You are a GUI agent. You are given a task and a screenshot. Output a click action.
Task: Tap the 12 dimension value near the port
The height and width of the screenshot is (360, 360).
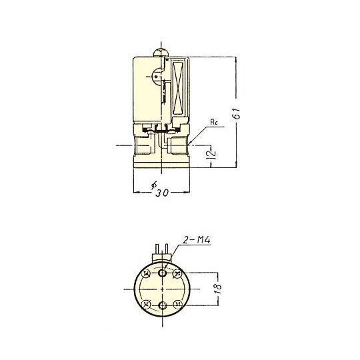click(x=213, y=155)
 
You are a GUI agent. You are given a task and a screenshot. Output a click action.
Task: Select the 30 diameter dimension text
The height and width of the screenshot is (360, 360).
click(x=163, y=193)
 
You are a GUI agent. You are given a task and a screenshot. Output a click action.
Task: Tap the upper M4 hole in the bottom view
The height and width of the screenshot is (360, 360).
click(x=163, y=272)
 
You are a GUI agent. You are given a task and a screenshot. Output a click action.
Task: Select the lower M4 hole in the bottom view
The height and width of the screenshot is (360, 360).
click(x=163, y=305)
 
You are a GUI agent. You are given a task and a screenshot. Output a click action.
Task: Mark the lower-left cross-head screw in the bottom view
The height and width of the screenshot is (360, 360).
click(x=147, y=304)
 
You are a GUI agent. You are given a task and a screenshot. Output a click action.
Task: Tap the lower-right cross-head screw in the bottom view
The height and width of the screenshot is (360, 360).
click(x=177, y=304)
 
